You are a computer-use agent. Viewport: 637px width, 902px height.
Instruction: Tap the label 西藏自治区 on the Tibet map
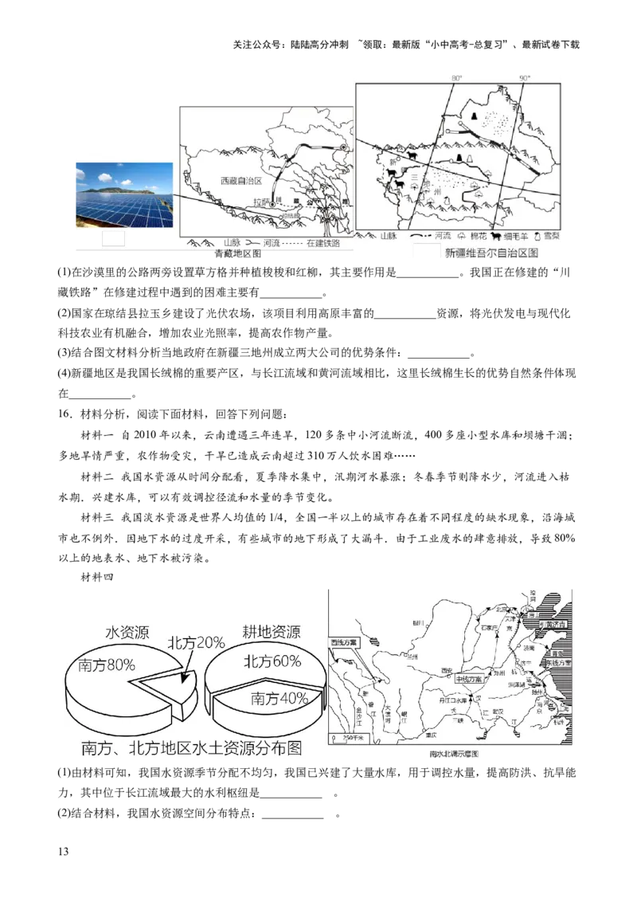point(241,181)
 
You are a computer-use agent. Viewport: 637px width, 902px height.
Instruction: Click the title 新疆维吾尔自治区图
point(492,253)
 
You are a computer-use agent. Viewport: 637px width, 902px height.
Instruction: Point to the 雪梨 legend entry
point(549,237)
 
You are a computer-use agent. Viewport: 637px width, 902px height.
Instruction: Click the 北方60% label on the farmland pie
point(272,661)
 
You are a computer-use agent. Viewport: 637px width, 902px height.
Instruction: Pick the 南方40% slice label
point(279,698)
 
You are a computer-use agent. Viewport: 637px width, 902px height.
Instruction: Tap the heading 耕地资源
point(271,632)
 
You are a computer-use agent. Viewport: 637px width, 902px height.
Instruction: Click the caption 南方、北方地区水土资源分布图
point(192,749)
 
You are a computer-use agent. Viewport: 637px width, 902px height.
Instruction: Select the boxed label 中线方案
point(470,680)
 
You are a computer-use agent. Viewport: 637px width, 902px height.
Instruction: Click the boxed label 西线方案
point(344,642)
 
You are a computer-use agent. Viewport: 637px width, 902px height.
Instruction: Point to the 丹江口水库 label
point(447,699)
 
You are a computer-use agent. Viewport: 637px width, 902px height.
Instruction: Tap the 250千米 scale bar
point(350,740)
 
